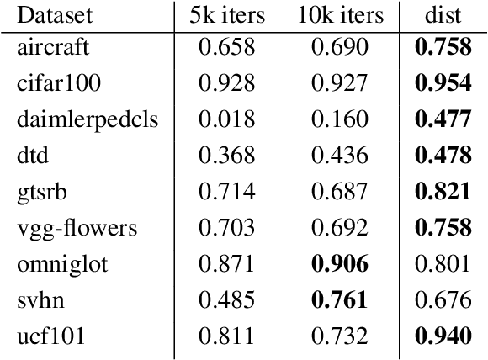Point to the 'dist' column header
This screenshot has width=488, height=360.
click(445, 16)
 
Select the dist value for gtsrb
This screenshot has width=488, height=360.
click(445, 193)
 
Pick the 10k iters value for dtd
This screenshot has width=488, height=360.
click(340, 156)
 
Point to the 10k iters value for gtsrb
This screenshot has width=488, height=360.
click(340, 193)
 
